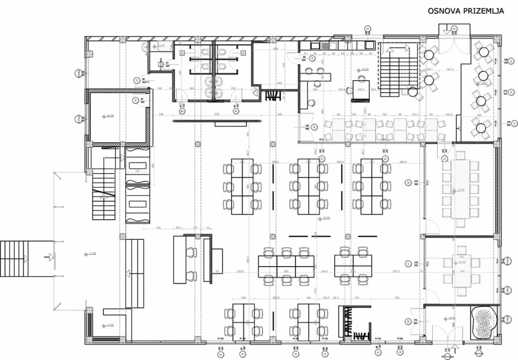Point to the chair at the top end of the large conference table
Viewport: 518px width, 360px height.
tap(460, 155)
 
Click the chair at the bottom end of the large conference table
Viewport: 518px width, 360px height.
tap(461, 223)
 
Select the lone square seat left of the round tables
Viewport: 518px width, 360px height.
tap(404, 92)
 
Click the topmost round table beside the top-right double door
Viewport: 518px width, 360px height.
tap(430, 54)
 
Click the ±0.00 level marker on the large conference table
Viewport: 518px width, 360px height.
tap(460, 190)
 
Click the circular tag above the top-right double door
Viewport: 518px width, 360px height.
tap(454, 28)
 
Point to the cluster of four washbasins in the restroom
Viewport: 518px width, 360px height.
tap(214, 86)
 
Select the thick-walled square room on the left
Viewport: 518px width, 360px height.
tap(119, 117)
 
